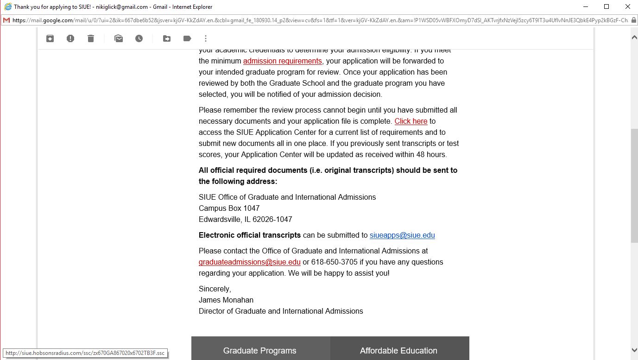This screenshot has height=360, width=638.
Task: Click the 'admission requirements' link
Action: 282,61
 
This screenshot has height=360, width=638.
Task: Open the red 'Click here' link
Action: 411,121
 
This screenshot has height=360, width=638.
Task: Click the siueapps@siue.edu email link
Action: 402,235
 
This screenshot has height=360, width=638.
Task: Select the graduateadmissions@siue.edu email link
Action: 249,262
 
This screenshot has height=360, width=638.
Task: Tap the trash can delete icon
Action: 91,38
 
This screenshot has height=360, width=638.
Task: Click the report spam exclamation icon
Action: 70,38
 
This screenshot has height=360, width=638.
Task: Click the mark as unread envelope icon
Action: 119,38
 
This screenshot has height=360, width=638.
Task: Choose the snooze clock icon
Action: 139,38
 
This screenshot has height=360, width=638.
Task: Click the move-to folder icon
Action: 167,38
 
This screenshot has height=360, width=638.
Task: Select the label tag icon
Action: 187,38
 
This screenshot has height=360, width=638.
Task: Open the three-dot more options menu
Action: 206,38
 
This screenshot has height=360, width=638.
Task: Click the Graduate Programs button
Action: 260,350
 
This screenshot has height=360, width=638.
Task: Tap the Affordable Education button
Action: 398,350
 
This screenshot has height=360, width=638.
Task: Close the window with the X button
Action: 628,6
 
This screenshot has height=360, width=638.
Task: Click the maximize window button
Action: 606,6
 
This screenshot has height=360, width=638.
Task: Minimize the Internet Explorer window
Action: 586,6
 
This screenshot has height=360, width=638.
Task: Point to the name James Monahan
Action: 226,300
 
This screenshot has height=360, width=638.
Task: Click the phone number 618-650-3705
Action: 334,262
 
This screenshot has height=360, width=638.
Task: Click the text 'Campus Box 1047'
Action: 229,208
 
